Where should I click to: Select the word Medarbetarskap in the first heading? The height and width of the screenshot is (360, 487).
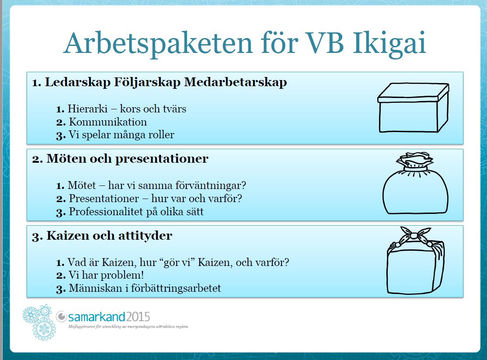(x=236, y=82)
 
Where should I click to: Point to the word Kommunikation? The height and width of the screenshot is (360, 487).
(x=108, y=122)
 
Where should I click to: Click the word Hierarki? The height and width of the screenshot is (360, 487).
(x=87, y=108)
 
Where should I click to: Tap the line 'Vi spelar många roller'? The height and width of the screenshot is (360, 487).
(x=122, y=135)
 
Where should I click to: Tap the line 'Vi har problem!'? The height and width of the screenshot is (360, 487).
(x=106, y=275)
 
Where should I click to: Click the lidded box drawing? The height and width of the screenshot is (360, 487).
(x=413, y=108)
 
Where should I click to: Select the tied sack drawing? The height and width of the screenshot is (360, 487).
(x=415, y=183)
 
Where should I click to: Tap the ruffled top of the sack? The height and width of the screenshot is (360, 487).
(x=414, y=161)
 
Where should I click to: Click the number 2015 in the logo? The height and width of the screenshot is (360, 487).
(x=138, y=317)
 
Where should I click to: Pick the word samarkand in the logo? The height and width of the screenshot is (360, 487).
(x=97, y=317)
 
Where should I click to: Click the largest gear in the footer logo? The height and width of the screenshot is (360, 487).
(x=44, y=329)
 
